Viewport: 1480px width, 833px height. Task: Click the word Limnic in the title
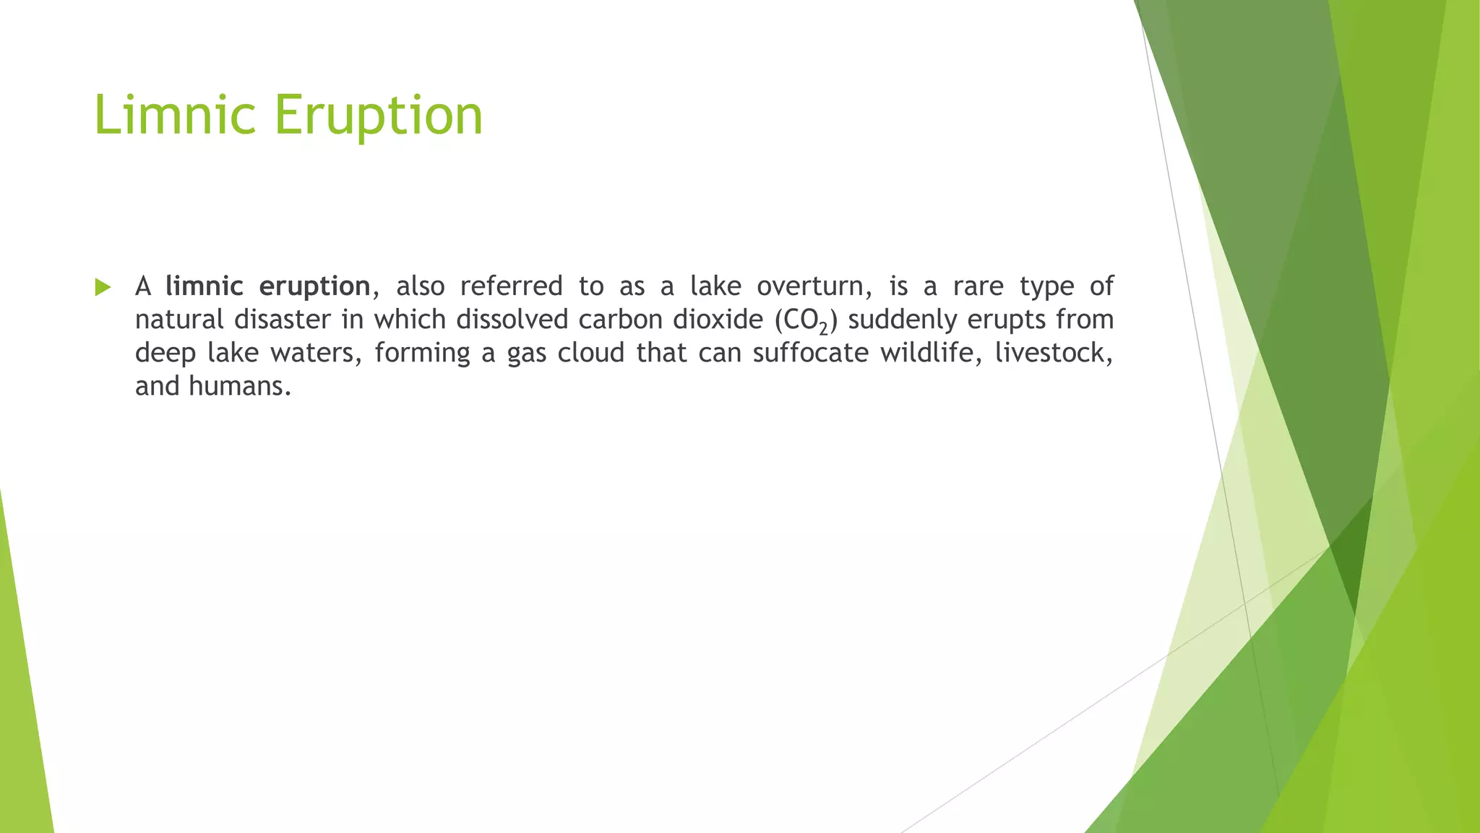(x=175, y=116)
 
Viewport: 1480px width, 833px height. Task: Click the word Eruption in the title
(x=379, y=116)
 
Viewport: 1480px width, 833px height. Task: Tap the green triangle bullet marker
(x=103, y=288)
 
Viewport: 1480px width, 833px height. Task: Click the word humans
(x=239, y=386)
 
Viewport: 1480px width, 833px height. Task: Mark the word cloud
(x=591, y=353)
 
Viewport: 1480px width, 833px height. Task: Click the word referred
(x=511, y=286)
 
